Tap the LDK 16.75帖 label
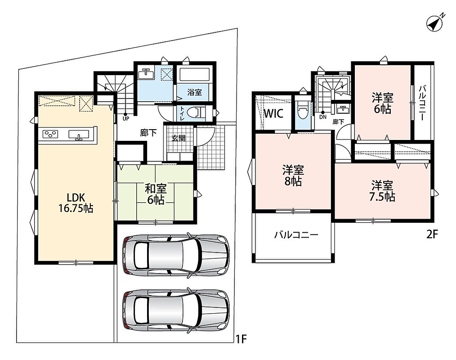(x=76, y=203)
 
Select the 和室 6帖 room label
(x=156, y=194)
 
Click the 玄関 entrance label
(x=178, y=138)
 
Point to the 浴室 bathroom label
(x=194, y=93)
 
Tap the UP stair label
(x=125, y=119)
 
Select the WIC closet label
(x=273, y=113)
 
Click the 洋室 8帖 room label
(x=293, y=175)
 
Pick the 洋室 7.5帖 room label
(x=382, y=191)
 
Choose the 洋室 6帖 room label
(x=382, y=103)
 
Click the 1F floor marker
(x=241, y=339)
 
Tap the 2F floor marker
(x=432, y=234)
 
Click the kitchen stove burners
(x=50, y=134)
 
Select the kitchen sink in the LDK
(x=79, y=135)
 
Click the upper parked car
(x=176, y=255)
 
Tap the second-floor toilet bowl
(x=302, y=111)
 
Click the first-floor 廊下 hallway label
(x=148, y=133)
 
